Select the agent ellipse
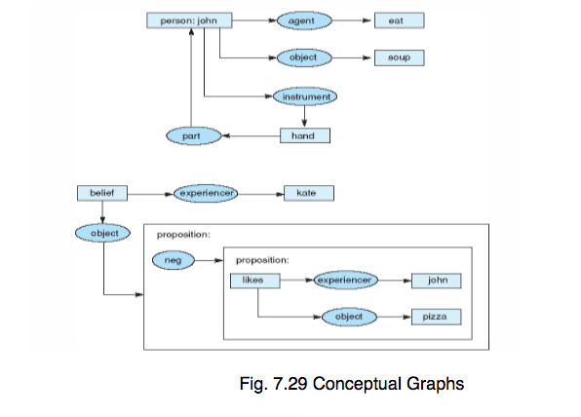[x=305, y=19]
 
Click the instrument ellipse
[x=305, y=96]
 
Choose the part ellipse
[x=191, y=135]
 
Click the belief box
[x=102, y=194]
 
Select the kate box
[x=306, y=194]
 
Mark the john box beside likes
[x=436, y=281]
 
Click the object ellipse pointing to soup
[x=305, y=57]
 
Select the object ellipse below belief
[x=102, y=234]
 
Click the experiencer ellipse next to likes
[x=344, y=281]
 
